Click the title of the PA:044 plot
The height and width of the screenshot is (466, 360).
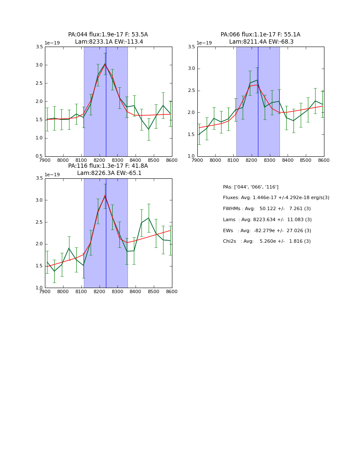pyautogui.click(x=108, y=38)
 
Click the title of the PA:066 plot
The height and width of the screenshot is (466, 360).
pyautogui.click(x=260, y=38)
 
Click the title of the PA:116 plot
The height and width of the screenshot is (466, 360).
pyautogui.click(x=108, y=169)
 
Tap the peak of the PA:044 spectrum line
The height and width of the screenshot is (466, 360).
pyautogui.click(x=105, y=64)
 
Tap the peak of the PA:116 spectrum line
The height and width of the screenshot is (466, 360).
pyautogui.click(x=105, y=195)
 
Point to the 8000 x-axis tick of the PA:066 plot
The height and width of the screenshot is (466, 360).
pyautogui.click(x=215, y=160)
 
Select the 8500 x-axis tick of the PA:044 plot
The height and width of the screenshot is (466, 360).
pyautogui.click(x=154, y=160)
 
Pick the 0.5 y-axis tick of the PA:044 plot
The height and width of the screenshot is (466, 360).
pyautogui.click(x=39, y=156)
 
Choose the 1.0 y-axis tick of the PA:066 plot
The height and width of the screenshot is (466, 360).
pyautogui.click(x=191, y=156)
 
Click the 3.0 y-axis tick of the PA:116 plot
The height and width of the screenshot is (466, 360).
pyautogui.click(x=39, y=200)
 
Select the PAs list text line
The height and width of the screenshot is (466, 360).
pyautogui.click(x=251, y=187)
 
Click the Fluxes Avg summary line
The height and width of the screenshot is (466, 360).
pyautogui.click(x=276, y=198)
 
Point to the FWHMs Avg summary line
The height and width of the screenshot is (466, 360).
pyautogui.click(x=267, y=209)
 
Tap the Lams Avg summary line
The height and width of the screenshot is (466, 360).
pyautogui.click(x=267, y=219)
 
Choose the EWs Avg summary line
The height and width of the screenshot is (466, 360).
pyautogui.click(x=267, y=230)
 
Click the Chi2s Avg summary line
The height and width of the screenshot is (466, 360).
pyautogui.click(x=267, y=241)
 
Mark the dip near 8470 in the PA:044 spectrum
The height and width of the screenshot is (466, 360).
pyautogui.click(x=148, y=129)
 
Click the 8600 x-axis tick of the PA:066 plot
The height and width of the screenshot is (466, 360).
pyautogui.click(x=324, y=160)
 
